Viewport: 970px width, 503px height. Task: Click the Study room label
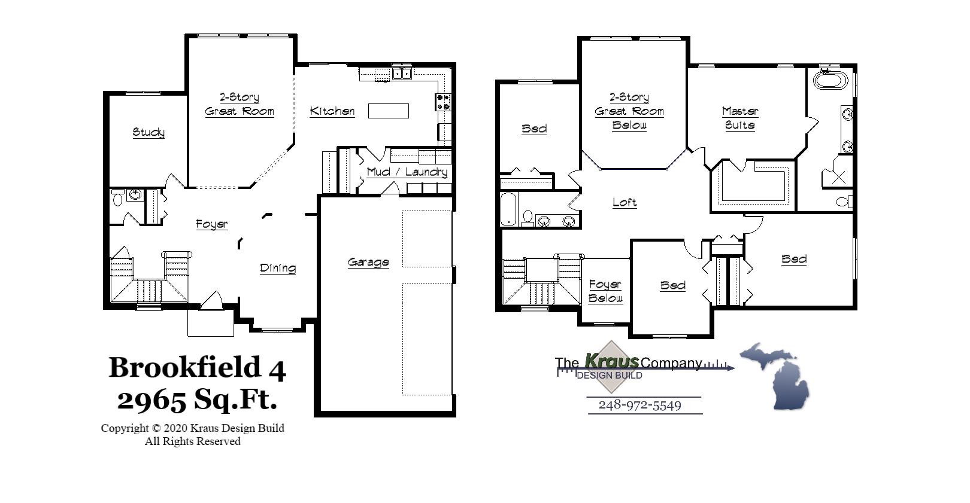(148, 132)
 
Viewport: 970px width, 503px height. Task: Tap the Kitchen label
(332, 111)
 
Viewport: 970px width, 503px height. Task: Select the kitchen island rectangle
(388, 111)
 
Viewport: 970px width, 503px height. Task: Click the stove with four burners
(443, 102)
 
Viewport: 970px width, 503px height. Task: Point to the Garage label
(368, 262)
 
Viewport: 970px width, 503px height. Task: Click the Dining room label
(278, 268)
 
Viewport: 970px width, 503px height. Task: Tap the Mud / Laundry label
(407, 172)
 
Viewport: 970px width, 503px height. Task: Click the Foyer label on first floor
(212, 224)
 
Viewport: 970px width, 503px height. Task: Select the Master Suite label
(740, 118)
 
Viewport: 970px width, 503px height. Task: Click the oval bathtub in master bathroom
(830, 80)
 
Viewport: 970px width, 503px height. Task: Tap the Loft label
(625, 202)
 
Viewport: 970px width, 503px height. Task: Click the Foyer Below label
(605, 291)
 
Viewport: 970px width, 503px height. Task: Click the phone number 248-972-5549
(640, 406)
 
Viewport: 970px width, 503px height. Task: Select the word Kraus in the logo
(611, 361)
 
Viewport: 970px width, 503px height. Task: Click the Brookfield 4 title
(197, 367)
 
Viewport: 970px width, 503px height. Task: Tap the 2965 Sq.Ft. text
(197, 399)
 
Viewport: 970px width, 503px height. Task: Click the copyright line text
(192, 428)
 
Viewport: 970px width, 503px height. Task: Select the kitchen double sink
(402, 74)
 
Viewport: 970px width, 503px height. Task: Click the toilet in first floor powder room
(118, 198)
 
